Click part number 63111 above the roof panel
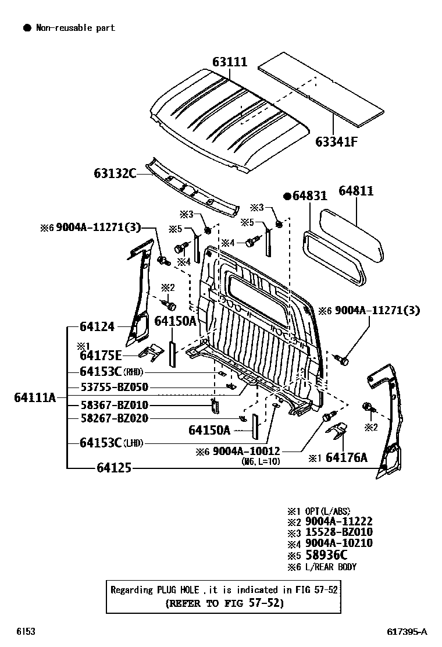[229, 61]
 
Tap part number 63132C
[115, 173]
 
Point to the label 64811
[356, 191]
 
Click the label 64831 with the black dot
[305, 196]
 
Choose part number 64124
[97, 327]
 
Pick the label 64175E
[101, 356]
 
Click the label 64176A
[347, 458]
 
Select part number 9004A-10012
[247, 451]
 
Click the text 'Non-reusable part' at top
[76, 27]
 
